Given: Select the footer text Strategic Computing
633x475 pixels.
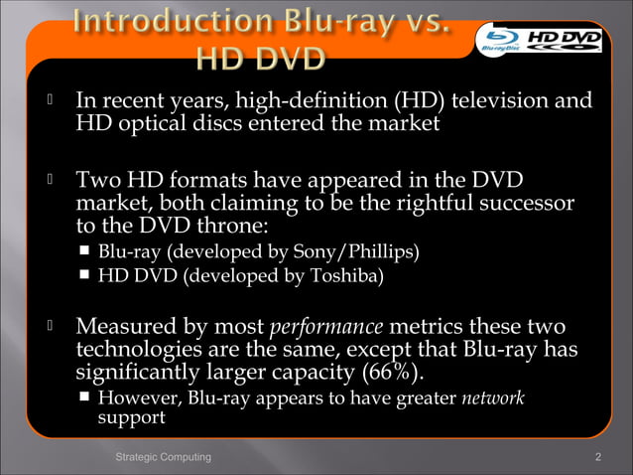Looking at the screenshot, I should (x=163, y=456).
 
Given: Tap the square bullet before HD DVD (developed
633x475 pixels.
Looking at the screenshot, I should (x=86, y=275).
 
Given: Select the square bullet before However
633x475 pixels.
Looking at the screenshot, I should (x=86, y=398).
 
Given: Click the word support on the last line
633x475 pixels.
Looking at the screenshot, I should (x=131, y=418).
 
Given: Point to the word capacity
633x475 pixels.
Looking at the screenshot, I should (x=313, y=373).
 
